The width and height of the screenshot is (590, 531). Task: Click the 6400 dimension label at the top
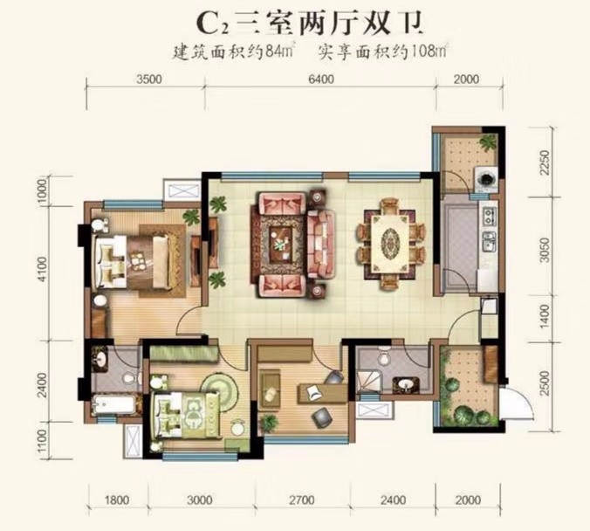(x=320, y=79)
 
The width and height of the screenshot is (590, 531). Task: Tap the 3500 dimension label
(x=148, y=79)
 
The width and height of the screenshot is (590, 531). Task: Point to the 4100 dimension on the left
(x=44, y=269)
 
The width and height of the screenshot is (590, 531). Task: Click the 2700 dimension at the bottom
(x=303, y=500)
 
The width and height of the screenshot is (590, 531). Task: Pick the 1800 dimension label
(x=117, y=500)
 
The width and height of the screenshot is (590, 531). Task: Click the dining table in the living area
(x=390, y=244)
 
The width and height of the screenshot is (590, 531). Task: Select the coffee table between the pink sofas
(x=280, y=244)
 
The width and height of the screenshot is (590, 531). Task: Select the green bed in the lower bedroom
(x=184, y=415)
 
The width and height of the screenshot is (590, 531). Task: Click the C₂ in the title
(x=212, y=24)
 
